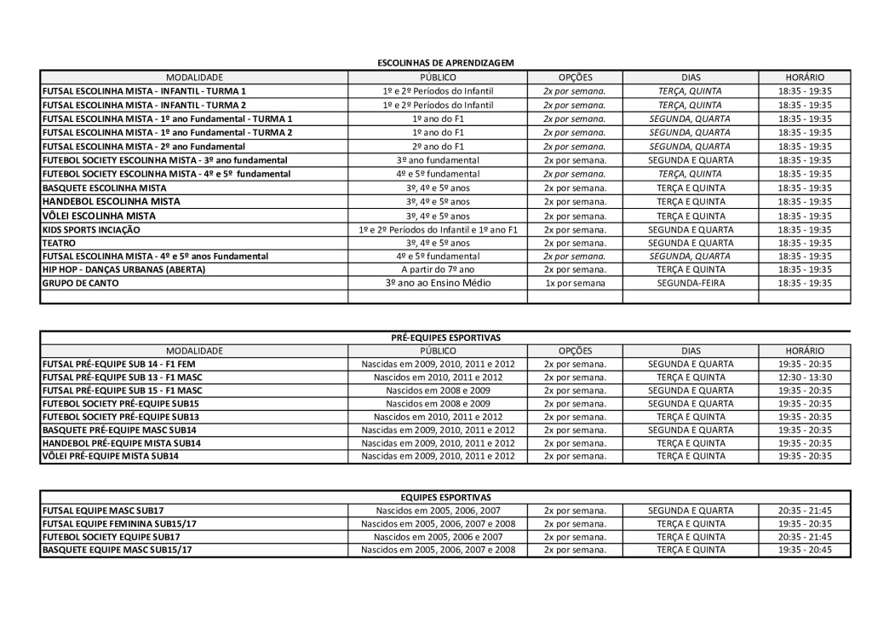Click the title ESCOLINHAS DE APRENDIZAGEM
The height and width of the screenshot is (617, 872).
445,63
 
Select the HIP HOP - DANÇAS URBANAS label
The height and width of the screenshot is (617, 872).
123,269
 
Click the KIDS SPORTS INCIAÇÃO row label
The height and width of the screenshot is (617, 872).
91,230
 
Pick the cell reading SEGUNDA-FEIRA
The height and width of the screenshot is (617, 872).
690,283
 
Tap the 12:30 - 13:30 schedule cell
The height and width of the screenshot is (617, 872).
804,377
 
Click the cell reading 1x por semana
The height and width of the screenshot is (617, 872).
575,283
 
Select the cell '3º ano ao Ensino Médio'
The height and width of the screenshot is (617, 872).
438,283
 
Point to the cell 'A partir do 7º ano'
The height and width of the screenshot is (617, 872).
438,269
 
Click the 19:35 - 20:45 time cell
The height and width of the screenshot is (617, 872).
804,550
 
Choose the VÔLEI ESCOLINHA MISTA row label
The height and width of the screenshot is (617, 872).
99,216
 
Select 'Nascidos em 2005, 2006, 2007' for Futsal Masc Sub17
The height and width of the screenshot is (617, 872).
438,510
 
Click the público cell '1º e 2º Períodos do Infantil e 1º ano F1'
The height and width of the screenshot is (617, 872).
438,230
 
